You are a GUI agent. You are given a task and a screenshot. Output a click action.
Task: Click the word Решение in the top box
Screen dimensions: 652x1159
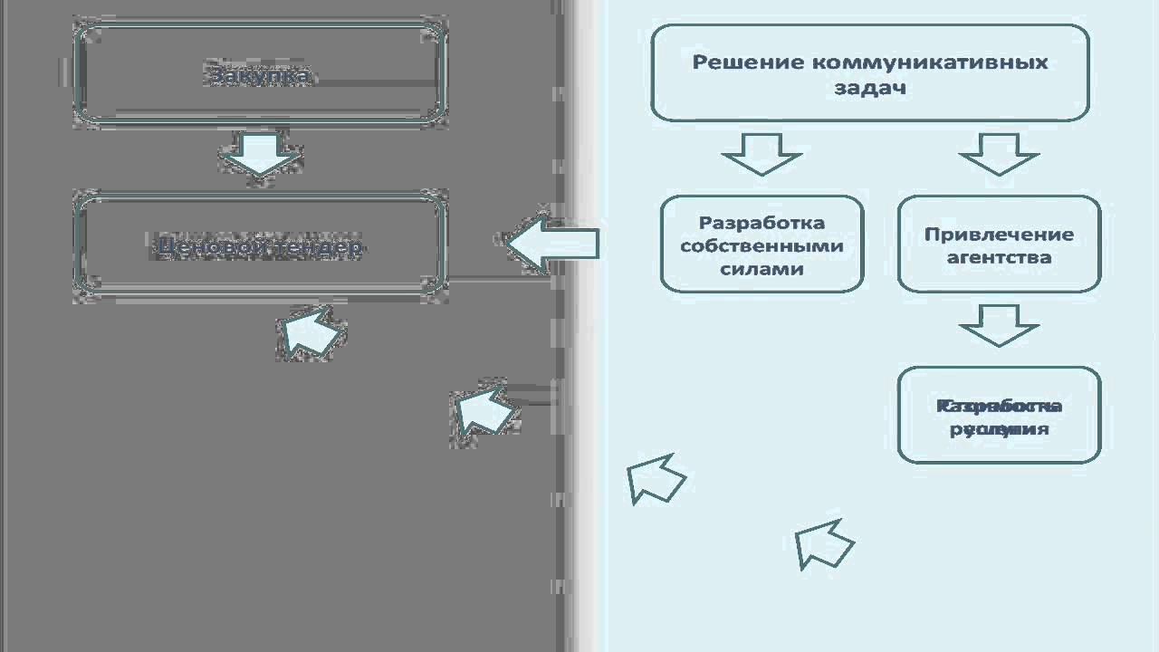[x=749, y=62]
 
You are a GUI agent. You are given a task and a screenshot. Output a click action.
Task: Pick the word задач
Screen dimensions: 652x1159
[x=869, y=89]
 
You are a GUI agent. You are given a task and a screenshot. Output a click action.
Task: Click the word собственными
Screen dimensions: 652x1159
[x=761, y=246]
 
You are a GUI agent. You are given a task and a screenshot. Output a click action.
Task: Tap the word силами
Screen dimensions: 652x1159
[x=761, y=269]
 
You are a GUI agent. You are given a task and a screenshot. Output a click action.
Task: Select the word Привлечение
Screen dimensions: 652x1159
[x=999, y=235]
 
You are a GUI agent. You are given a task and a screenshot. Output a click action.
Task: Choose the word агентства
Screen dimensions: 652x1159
[x=999, y=257]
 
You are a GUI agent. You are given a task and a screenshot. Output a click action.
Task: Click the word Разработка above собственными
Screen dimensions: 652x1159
[x=761, y=223]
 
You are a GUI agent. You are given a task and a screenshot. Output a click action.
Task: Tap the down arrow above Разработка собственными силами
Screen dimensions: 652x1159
[x=761, y=154]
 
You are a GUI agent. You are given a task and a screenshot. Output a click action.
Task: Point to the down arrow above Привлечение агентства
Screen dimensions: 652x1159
[x=999, y=154]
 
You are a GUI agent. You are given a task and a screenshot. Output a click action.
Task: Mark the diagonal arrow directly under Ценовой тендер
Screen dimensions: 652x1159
[x=311, y=331]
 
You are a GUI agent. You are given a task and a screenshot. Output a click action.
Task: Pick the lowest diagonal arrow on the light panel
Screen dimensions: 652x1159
[x=822, y=543]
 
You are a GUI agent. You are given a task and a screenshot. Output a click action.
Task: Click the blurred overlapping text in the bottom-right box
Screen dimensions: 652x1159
[x=999, y=417]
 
